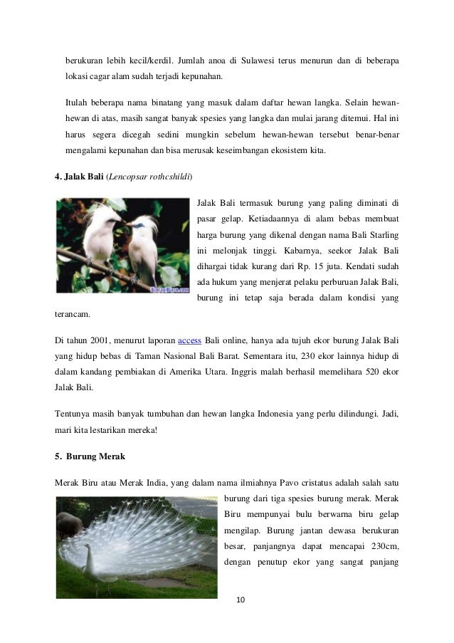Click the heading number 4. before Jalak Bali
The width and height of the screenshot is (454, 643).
tap(59, 174)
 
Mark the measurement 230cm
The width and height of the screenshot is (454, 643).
tap(381, 545)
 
